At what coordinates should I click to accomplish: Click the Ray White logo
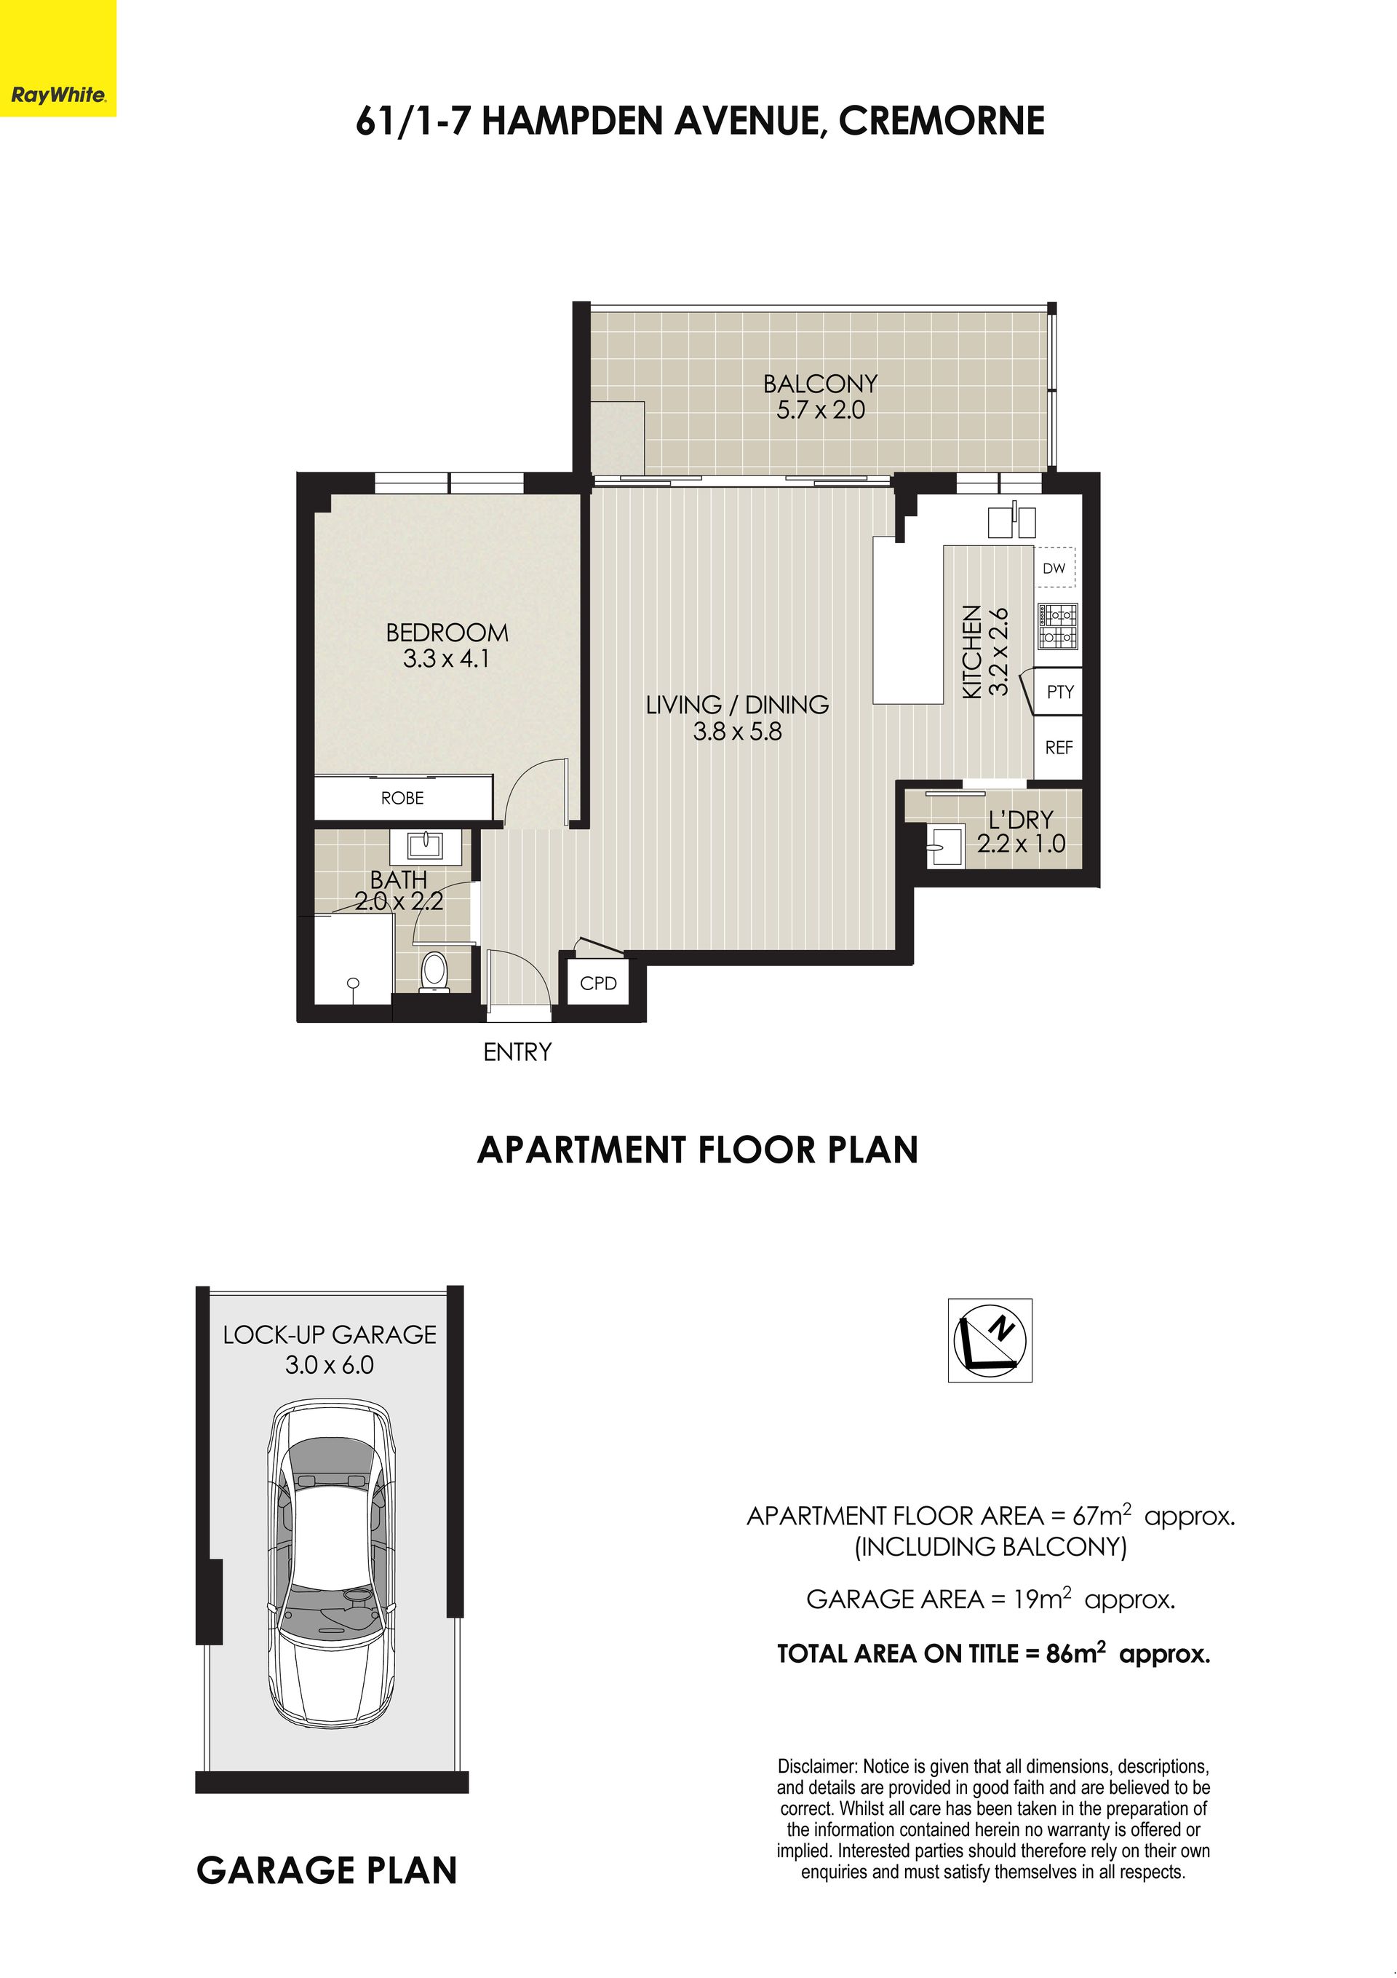click(x=57, y=95)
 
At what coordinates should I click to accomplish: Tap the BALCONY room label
click(x=820, y=384)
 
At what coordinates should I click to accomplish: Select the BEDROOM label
click(x=447, y=633)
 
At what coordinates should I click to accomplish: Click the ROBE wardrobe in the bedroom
click(x=403, y=798)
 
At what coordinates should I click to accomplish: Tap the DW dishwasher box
click(x=1054, y=569)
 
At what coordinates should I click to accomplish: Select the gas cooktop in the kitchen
click(x=1059, y=626)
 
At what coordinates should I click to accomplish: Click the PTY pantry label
click(x=1060, y=692)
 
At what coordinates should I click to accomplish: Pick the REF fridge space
click(x=1059, y=748)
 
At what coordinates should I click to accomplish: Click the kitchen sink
click(x=1012, y=521)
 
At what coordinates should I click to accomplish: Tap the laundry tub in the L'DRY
click(x=945, y=845)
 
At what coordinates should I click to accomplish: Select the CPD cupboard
click(x=599, y=983)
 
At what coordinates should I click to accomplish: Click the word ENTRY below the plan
click(x=517, y=1052)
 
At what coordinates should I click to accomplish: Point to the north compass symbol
click(x=990, y=1340)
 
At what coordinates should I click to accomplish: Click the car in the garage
click(x=333, y=1564)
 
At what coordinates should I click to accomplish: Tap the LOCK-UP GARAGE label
click(x=330, y=1335)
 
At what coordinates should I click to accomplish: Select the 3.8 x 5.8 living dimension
click(x=737, y=732)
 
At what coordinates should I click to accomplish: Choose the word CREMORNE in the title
click(x=942, y=122)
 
